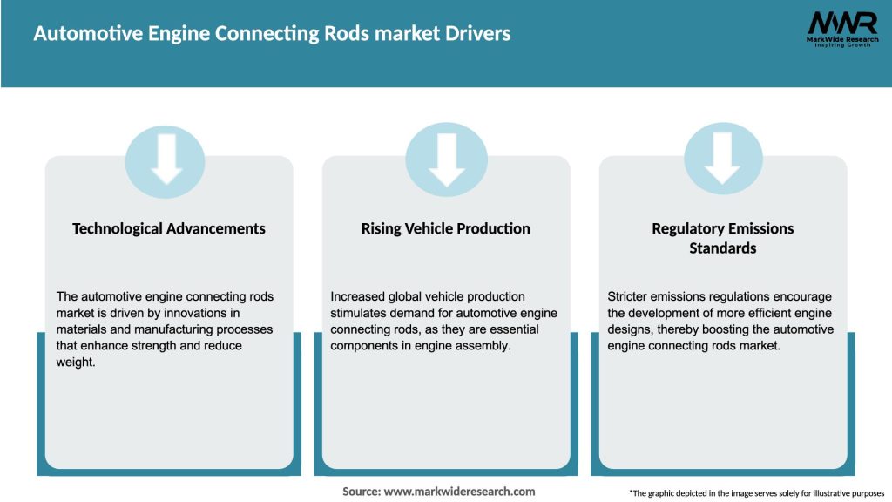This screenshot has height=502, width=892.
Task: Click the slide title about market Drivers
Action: coord(272,34)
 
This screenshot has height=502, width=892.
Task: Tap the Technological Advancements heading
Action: coord(169,228)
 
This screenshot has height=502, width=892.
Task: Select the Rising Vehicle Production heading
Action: coord(445,228)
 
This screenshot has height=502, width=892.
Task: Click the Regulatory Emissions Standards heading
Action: coord(722,238)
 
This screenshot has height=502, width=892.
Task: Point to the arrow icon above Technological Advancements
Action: coord(166,160)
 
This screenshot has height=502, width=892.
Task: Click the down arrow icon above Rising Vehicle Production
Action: coord(446,160)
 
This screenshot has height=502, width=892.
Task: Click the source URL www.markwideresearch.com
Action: coord(459,492)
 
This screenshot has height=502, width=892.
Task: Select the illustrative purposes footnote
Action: coord(756,493)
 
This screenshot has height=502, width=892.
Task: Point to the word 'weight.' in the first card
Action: coord(75,363)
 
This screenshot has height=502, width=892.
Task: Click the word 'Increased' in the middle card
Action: coord(361,296)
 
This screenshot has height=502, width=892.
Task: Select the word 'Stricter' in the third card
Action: coord(630,296)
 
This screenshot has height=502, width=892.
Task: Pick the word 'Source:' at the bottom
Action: coord(362,492)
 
